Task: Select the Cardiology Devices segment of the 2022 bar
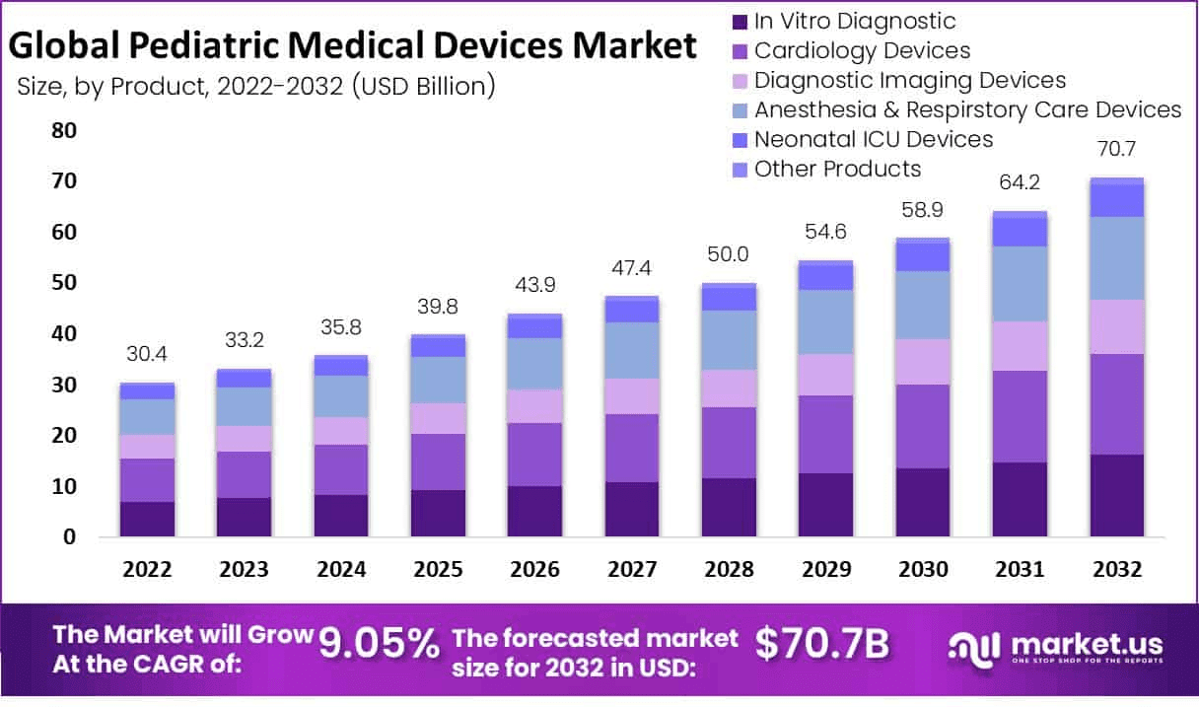147,480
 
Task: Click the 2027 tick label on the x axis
631,570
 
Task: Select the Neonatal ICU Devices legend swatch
739,140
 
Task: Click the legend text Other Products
837,169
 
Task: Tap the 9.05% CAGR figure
379,645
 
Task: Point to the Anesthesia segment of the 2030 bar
922,305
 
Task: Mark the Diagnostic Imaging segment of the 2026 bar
534,406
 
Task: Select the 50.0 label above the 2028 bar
728,254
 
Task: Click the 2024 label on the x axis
341,570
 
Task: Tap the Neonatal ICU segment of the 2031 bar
1019,232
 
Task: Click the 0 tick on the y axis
69,537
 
